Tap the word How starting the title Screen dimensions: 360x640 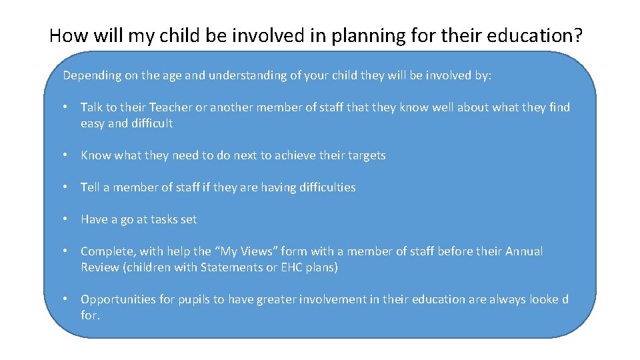click(65, 35)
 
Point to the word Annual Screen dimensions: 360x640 click(524, 251)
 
